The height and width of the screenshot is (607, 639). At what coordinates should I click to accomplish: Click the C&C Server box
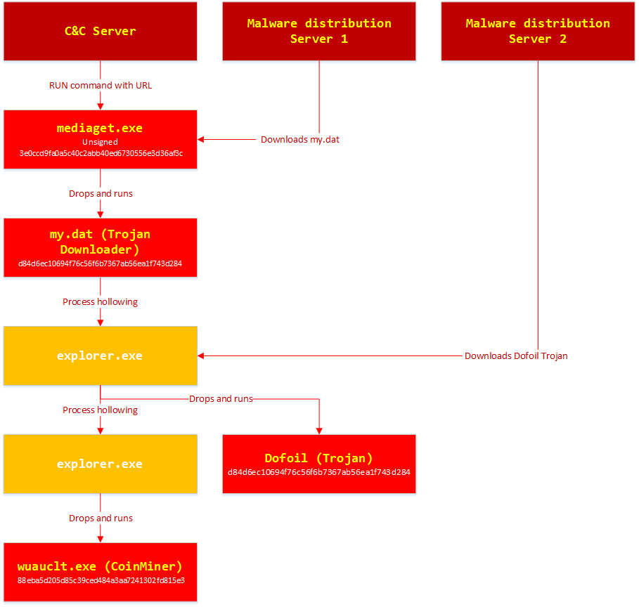point(100,31)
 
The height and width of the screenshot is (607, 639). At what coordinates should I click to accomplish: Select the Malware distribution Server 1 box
point(319,31)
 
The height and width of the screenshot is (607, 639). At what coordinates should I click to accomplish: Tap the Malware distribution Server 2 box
point(538,31)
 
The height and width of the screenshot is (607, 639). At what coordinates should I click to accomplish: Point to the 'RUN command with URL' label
point(101,86)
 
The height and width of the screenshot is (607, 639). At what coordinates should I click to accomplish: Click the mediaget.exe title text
point(100,128)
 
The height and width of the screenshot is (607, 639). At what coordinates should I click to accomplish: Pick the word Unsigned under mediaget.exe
point(100,142)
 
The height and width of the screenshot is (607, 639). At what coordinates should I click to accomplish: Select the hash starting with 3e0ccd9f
point(101,153)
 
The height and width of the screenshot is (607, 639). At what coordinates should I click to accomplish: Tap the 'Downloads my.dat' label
point(299,140)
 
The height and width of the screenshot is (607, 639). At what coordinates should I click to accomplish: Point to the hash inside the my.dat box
point(101,264)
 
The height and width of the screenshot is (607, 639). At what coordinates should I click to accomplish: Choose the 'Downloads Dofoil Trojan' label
point(516,356)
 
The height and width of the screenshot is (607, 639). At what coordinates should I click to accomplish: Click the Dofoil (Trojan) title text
point(319,458)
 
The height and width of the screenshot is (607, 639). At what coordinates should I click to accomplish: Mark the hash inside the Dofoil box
point(319,472)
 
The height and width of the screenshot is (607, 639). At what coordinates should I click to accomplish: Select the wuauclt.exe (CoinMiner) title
point(100,566)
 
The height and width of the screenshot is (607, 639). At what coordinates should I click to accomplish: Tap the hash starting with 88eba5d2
point(101,580)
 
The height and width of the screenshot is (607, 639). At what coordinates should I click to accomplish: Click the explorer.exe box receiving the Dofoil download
point(100,355)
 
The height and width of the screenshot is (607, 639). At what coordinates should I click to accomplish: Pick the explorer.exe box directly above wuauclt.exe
point(100,464)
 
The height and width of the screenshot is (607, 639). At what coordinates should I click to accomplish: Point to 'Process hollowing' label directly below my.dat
point(101,302)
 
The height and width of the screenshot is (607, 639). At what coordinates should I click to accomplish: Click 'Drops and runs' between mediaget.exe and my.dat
point(101,194)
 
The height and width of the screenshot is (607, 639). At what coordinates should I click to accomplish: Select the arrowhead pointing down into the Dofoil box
point(319,430)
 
